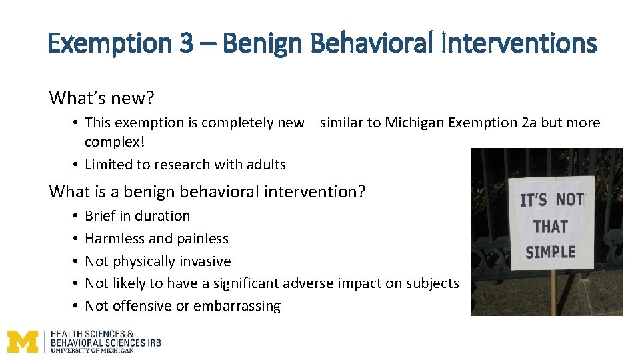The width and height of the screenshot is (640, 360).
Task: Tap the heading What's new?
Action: point(101,98)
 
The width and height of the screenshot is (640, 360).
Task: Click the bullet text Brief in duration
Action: point(137,216)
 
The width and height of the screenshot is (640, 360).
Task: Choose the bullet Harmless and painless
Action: point(157,239)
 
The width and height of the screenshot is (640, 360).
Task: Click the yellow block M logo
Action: point(23,341)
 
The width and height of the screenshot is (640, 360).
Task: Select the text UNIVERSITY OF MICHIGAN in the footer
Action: point(92,350)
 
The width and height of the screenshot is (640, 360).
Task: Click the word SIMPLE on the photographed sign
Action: point(550,253)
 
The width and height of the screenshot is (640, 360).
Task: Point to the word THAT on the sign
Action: point(550,227)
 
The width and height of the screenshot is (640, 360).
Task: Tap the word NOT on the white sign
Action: point(570,199)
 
